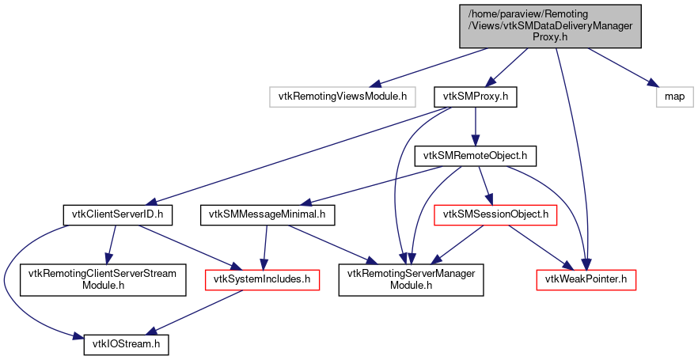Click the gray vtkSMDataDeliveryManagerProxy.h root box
pyautogui.click(x=549, y=25)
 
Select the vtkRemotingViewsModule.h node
pyautogui.click(x=341, y=97)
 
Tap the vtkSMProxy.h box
pyautogui.click(x=475, y=97)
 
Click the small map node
pyautogui.click(x=674, y=97)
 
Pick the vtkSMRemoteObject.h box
pyautogui.click(x=476, y=156)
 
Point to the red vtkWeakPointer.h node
pyautogui.click(x=586, y=279)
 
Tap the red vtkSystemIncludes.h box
pyautogui.click(x=262, y=279)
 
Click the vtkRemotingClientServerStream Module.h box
pyautogui.click(x=102, y=279)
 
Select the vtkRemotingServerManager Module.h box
pyautogui.click(x=411, y=279)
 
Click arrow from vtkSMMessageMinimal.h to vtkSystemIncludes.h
pyautogui.click(x=265, y=246)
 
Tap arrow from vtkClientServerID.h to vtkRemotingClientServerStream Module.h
pyautogui.click(x=111, y=244)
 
